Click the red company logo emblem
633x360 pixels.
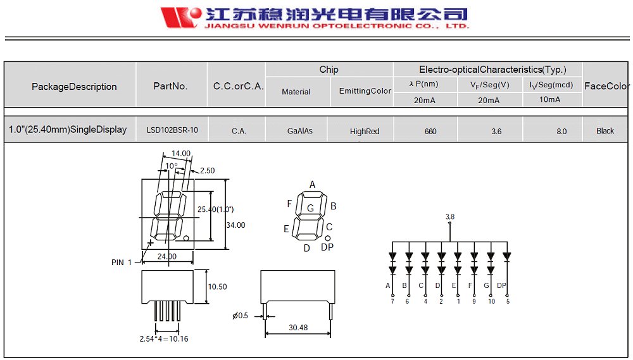tap(180, 17)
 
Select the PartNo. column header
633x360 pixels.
tap(171, 86)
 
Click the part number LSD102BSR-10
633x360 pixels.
tap(172, 130)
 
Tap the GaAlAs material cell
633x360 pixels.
tap(299, 131)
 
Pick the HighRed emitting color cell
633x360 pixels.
tap(365, 131)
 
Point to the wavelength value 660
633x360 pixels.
tap(430, 131)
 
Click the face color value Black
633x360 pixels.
tap(605, 131)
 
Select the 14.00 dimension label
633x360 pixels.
tap(181, 153)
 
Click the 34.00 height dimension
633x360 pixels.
tap(235, 225)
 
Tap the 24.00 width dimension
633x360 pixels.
tap(166, 256)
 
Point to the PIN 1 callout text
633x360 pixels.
tap(122, 262)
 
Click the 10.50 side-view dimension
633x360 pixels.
tap(217, 287)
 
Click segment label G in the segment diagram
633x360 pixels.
tap(310, 208)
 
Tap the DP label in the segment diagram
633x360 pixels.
tap(327, 247)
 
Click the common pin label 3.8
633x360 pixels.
tap(449, 216)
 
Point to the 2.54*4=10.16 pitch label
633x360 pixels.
tap(164, 338)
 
